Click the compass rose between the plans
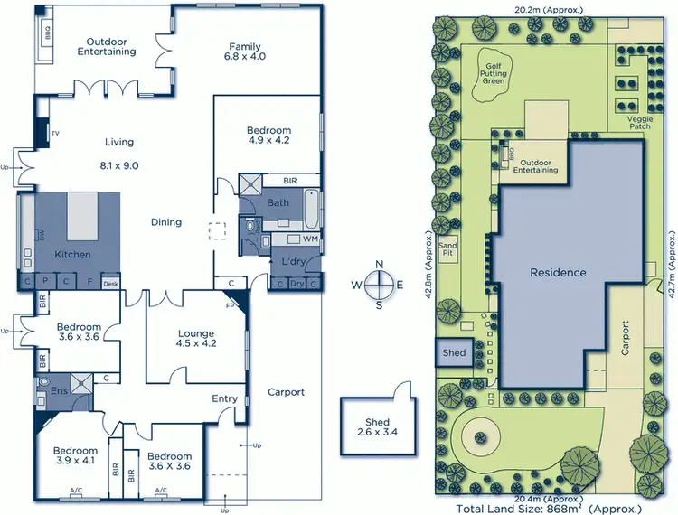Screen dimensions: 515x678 click(x=380, y=284)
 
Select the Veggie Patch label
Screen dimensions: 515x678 click(x=639, y=122)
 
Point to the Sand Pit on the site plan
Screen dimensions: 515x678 click(x=447, y=248)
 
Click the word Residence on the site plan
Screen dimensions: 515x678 click(x=558, y=272)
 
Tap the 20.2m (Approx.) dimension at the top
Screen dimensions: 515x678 click(x=549, y=10)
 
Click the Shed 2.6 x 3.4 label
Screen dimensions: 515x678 click(x=377, y=428)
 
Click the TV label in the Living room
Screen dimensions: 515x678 click(x=55, y=134)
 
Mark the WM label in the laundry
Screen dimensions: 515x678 click(x=310, y=239)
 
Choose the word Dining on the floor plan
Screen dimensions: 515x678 click(x=165, y=222)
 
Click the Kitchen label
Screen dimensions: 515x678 click(x=71, y=255)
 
